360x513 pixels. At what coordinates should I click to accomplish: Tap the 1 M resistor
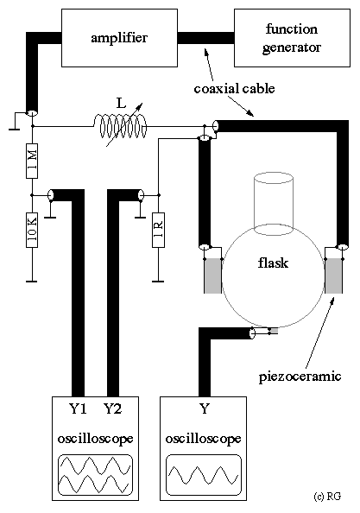pos(32,161)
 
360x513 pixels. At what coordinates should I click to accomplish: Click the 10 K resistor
pos(32,230)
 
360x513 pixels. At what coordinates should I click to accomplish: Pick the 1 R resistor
pos(158,230)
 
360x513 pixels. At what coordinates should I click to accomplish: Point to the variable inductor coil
pos(121,126)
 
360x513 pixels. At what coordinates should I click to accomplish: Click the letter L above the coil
pos(121,104)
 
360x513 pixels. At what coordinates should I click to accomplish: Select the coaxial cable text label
pos(234,89)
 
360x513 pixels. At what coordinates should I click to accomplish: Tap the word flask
pos(273,263)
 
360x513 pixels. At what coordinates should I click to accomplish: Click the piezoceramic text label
pos(300,377)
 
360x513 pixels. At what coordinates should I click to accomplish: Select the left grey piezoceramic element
pos(213,275)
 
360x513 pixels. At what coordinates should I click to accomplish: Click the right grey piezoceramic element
pos(333,275)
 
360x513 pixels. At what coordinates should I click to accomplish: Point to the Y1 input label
pos(78,408)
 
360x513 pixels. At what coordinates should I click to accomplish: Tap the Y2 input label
pos(112,408)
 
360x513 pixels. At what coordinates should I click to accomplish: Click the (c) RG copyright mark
pos(327,497)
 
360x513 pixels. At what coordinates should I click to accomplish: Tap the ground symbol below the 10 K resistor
pos(32,281)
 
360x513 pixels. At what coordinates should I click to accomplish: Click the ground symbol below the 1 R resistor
pos(158,281)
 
